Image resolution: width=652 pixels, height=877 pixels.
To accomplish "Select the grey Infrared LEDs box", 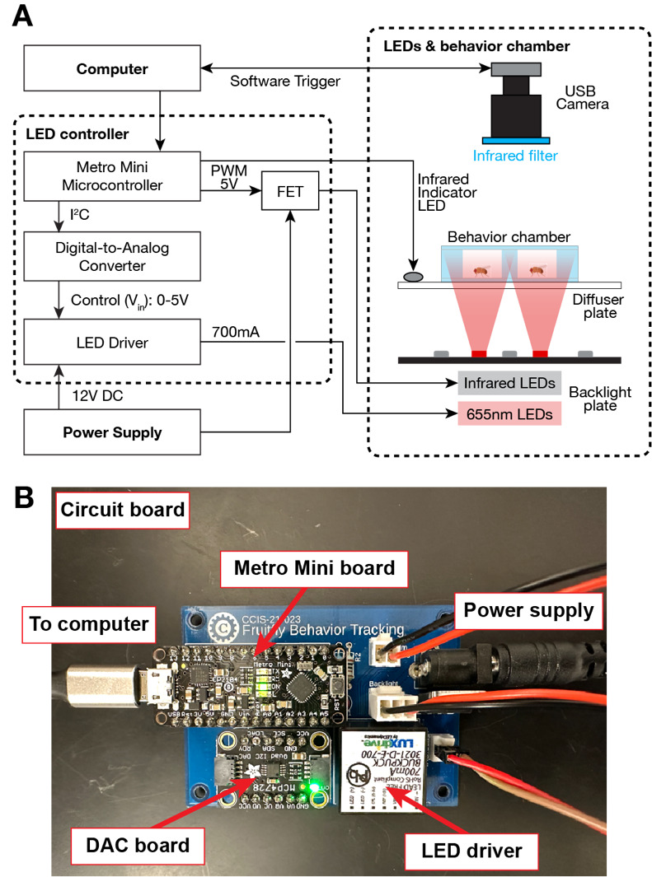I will [509, 383].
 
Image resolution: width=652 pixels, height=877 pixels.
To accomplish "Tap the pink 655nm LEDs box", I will [509, 415].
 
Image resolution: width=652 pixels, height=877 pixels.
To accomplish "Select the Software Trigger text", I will [285, 82].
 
